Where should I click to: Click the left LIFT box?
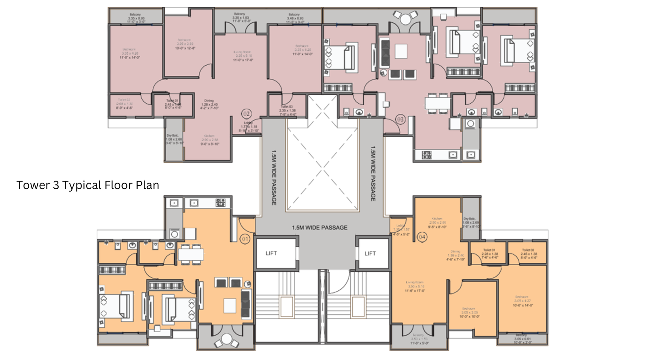click(271, 253)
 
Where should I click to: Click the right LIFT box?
click(370, 253)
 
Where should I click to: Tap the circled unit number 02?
click(246, 114)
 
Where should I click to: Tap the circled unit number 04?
click(422, 237)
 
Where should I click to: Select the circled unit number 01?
click(245, 239)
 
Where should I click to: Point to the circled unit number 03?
click(400, 119)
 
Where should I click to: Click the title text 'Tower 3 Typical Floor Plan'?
click(87, 185)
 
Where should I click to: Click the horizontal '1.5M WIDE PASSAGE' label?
click(320, 228)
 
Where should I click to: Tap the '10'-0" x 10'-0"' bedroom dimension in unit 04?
click(469, 316)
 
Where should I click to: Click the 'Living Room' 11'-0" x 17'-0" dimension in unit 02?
click(243, 60)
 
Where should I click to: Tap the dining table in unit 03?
click(437, 102)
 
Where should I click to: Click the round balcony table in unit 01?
click(226, 339)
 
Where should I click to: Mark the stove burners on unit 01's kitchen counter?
click(220, 202)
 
